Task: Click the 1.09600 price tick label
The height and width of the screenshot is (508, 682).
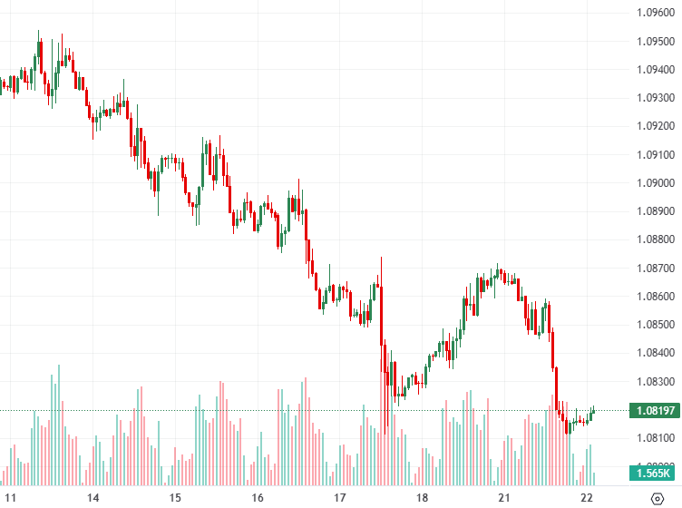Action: (654, 13)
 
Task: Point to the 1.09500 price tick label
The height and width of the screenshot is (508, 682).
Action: (654, 42)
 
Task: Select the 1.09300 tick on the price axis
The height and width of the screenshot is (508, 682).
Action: (654, 98)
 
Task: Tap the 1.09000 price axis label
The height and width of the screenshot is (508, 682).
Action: (654, 183)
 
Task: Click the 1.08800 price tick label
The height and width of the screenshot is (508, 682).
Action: (654, 239)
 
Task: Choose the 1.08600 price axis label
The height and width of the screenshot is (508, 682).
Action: (654, 297)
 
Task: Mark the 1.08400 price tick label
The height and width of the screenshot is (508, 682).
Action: (654, 353)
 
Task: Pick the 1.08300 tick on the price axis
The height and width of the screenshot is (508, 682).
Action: (654, 381)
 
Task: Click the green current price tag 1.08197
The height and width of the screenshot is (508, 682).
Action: (654, 411)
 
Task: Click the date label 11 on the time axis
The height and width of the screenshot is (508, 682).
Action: (11, 498)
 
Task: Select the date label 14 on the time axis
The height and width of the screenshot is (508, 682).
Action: (93, 498)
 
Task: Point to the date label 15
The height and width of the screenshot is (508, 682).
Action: (175, 498)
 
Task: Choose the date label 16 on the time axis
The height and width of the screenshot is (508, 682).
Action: (258, 498)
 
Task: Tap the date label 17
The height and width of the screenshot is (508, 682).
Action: (340, 498)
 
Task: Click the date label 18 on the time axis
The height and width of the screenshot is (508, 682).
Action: (422, 498)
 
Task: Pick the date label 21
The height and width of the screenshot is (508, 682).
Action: (504, 498)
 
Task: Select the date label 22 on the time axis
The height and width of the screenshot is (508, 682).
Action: (587, 498)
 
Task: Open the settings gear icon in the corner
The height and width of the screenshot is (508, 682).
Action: (658, 498)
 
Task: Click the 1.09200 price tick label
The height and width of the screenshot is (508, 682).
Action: (654, 126)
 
